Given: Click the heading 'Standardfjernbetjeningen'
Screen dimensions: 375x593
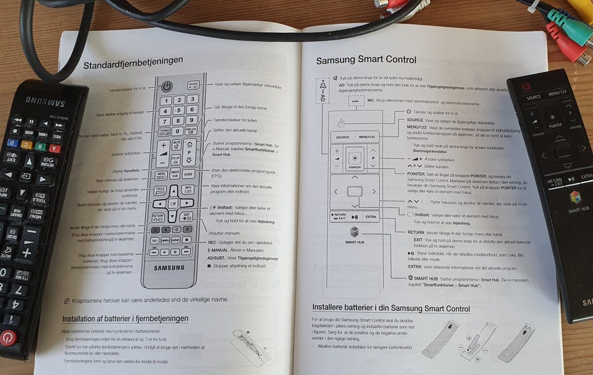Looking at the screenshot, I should coord(133,61).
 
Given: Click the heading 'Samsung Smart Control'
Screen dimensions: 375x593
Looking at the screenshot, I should coord(366,60).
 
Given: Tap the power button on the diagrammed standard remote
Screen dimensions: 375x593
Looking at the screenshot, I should coord(167,86).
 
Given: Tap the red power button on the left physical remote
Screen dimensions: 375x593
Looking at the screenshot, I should coord(7,337).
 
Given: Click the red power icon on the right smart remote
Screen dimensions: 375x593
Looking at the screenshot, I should coord(526,85).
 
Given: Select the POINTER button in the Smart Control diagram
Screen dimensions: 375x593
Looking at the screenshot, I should coord(354,159).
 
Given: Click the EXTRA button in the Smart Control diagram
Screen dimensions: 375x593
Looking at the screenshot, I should coord(371,217).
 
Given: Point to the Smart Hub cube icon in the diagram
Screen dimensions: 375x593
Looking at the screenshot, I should coord(355,232).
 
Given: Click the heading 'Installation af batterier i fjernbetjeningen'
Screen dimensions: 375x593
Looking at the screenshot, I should coord(125,319).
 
